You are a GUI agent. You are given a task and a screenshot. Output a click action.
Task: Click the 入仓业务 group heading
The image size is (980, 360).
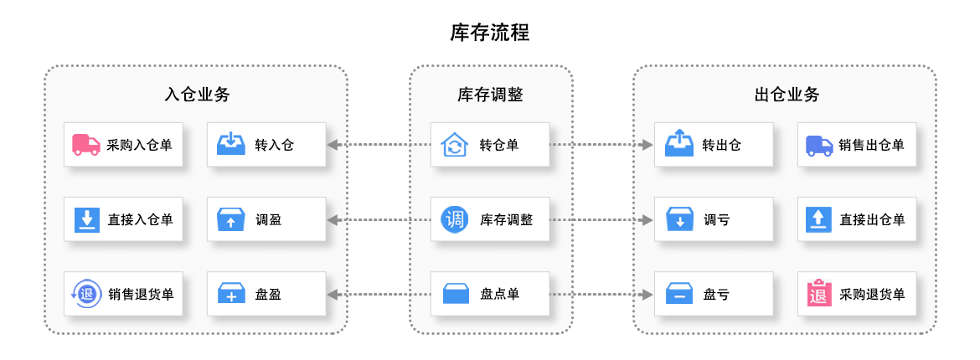(197, 95)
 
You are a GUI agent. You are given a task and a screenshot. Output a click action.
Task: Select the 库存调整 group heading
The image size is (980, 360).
(490, 95)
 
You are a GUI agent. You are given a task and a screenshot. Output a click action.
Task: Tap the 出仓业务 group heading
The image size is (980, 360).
(787, 95)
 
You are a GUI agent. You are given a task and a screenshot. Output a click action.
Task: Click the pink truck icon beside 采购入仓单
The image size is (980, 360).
(86, 145)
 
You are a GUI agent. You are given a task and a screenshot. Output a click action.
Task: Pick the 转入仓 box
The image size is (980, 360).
(266, 145)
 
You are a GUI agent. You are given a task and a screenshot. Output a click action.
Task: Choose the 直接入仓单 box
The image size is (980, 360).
(122, 219)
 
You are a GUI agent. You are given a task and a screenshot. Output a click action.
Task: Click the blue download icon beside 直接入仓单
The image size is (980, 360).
(86, 219)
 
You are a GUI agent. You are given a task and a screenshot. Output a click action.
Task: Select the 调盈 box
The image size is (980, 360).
(266, 219)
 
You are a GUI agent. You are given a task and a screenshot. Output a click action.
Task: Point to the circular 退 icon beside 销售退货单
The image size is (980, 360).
(86, 294)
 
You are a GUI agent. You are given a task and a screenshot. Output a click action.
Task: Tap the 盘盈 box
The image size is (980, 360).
(266, 294)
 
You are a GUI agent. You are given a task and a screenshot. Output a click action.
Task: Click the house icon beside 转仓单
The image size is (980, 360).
(454, 145)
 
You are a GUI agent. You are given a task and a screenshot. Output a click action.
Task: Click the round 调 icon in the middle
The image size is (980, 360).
(454, 219)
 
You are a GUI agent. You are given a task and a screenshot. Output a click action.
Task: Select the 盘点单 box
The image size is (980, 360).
(490, 294)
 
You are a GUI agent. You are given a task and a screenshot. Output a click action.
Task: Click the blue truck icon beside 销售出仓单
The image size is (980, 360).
(818, 145)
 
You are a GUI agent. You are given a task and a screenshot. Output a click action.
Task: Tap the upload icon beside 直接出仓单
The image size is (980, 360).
(818, 219)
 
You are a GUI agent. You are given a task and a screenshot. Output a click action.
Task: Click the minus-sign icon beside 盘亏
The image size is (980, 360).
(678, 294)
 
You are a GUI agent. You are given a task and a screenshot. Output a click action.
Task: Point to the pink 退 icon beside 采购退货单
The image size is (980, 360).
(818, 294)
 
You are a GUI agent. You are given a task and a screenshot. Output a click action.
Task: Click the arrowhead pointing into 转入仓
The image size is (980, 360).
(333, 145)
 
